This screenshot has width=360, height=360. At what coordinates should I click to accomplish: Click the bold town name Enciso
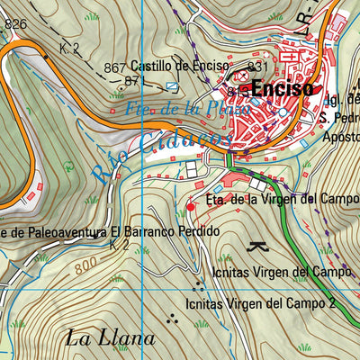coord(283,89)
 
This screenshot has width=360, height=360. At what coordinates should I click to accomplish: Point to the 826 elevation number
coord(15,24)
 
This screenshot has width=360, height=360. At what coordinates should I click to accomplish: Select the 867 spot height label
coord(114,67)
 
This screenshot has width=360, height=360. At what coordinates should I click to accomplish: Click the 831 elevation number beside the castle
coord(258,67)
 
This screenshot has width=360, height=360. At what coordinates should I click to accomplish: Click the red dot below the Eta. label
coord(190,208)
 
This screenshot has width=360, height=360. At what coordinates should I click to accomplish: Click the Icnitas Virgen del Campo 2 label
coord(261,303)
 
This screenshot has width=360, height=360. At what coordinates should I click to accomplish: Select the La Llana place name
coord(111,339)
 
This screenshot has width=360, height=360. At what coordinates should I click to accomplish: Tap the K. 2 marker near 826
coord(70,46)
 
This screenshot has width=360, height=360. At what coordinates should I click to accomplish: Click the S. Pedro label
coord(339,118)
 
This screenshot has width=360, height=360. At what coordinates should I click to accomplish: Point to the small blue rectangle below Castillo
coord(172,86)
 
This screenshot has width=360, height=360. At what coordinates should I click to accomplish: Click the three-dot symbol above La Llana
coord(173,317)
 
